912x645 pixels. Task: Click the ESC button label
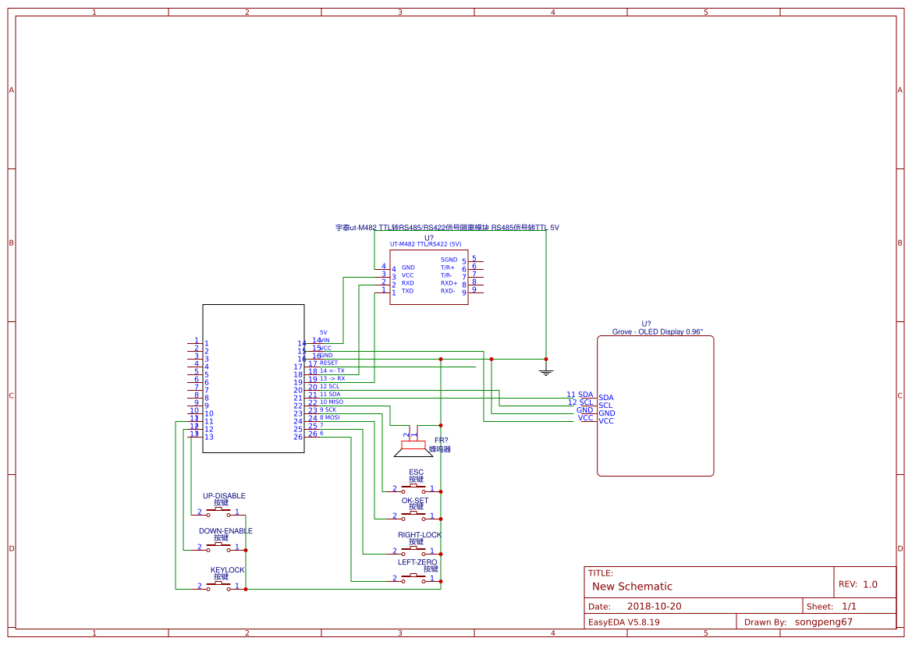(416, 473)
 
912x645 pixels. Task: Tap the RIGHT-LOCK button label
(419, 535)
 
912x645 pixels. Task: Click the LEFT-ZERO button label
(417, 562)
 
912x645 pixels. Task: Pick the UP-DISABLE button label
(224, 496)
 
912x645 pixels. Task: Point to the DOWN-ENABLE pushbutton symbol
(218, 548)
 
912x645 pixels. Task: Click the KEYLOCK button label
(227, 570)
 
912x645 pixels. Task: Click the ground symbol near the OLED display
(546, 371)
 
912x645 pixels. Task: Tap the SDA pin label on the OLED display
(606, 398)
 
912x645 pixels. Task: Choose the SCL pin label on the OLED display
(605, 406)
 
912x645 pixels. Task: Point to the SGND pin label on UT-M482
(449, 260)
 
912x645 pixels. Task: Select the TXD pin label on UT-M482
(407, 291)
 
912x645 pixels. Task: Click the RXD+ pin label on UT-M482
(449, 283)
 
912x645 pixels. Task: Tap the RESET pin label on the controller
(328, 363)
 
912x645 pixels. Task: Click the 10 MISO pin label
(331, 402)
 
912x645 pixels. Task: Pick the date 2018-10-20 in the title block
(654, 606)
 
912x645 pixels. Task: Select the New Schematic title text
(632, 587)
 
